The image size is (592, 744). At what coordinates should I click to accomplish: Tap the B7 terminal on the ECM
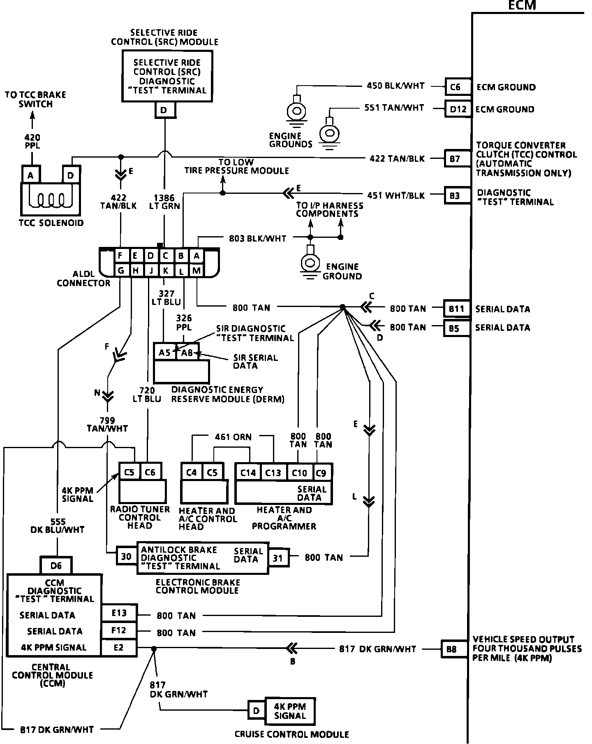[456, 158]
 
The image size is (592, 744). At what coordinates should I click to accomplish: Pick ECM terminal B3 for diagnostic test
[456, 195]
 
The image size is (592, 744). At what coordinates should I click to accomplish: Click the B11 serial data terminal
[456, 309]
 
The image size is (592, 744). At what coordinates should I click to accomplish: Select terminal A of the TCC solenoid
[30, 175]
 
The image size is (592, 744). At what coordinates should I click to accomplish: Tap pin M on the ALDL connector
[197, 270]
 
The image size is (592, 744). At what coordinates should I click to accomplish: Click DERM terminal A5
[164, 353]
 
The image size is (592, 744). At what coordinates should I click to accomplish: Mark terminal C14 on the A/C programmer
[248, 472]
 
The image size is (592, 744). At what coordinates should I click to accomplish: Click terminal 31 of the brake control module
[278, 558]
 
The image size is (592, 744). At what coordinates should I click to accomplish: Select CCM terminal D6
[56, 565]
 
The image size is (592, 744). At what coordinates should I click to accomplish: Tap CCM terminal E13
[119, 613]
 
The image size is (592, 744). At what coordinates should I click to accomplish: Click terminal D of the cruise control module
[256, 711]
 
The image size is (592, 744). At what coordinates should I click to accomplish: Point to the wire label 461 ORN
[233, 437]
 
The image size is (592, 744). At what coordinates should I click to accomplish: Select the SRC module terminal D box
[164, 110]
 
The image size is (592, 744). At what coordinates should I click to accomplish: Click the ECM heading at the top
[522, 5]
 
